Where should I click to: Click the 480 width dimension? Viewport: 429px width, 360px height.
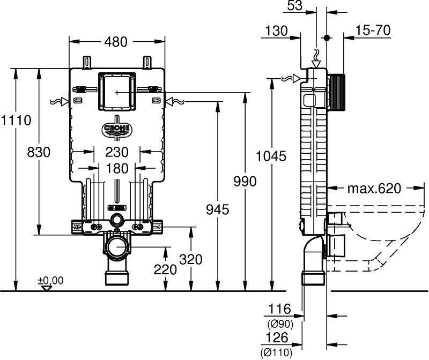(116, 42)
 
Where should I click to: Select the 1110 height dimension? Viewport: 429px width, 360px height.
(16, 121)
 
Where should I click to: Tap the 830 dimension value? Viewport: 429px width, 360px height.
(39, 152)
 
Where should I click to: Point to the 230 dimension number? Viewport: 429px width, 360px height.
(117, 152)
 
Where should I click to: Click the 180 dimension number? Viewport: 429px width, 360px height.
(117, 168)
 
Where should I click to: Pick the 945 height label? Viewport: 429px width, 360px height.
(218, 210)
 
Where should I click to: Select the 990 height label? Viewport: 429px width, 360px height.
(245, 181)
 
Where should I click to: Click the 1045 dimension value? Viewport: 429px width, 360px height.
(271, 156)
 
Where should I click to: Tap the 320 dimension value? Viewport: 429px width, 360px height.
(191, 259)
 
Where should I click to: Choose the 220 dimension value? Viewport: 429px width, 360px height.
(165, 270)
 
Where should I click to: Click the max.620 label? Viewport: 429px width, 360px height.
(374, 189)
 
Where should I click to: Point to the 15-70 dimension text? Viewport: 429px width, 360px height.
(373, 30)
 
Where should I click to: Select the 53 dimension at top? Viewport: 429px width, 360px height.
(295, 5)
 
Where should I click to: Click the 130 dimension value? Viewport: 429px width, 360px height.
(276, 31)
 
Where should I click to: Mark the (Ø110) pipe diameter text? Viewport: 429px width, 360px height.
(276, 352)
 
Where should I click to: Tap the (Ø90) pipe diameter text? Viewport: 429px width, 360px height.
(280, 324)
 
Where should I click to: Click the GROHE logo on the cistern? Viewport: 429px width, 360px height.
(117, 129)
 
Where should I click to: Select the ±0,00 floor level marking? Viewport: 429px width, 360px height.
(50, 281)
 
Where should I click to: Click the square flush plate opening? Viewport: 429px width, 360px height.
(117, 91)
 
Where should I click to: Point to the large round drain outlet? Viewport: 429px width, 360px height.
(117, 247)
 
